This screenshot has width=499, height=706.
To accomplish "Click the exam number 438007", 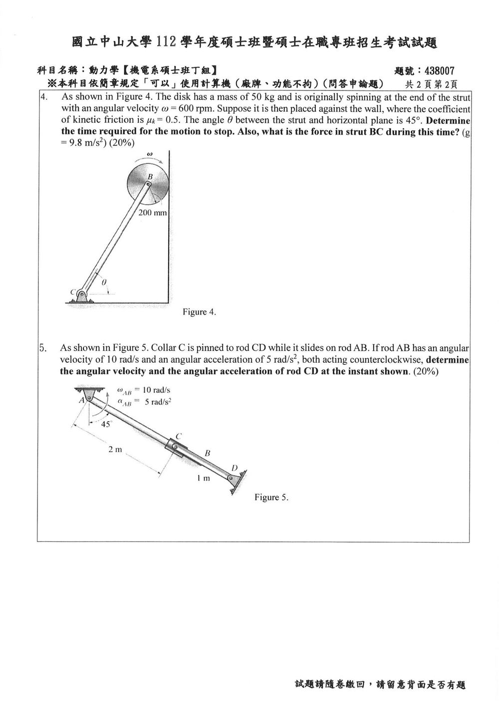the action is [x=439, y=71].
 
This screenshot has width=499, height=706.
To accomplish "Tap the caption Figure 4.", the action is [x=199, y=312].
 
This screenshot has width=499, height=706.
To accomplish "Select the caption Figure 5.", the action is [x=271, y=497].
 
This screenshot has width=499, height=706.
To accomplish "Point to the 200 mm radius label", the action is [x=153, y=213].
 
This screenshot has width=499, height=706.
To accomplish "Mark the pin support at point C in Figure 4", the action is [x=81, y=296].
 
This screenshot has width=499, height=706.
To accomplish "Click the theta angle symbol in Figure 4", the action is [x=104, y=283].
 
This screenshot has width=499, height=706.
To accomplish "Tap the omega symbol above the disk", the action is [x=150, y=154].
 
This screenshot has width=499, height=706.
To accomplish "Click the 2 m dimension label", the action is [x=115, y=450].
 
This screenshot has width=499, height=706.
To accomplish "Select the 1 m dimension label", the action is [x=204, y=478].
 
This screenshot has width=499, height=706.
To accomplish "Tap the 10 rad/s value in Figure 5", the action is [x=157, y=390].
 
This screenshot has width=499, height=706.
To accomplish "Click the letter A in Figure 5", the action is [x=81, y=400].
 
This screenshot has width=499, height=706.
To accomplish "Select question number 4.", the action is [x=44, y=96].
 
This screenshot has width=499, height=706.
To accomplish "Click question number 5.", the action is [x=43, y=348].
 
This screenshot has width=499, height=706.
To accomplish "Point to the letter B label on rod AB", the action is [x=208, y=453].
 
